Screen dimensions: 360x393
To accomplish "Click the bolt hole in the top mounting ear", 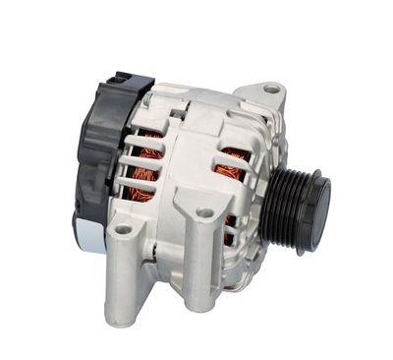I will point(270,90).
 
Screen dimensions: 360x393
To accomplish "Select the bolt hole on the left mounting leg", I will point(123,229).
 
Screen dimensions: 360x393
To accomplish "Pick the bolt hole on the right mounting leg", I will point(203,212).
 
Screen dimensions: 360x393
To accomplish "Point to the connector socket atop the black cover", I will point(118,80).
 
